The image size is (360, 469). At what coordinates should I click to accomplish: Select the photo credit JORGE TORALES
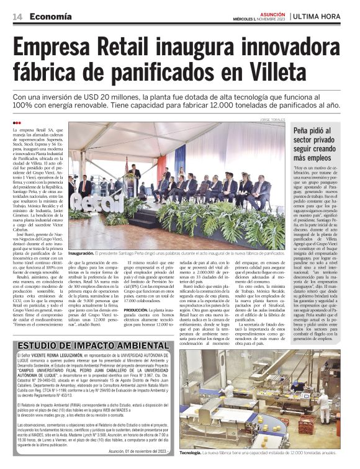pyautogui.click(x=274, y=119)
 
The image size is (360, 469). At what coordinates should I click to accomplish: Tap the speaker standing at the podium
pyautogui.click(x=134, y=177)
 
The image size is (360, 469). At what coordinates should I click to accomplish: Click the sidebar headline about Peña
pyautogui.click(x=321, y=143)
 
